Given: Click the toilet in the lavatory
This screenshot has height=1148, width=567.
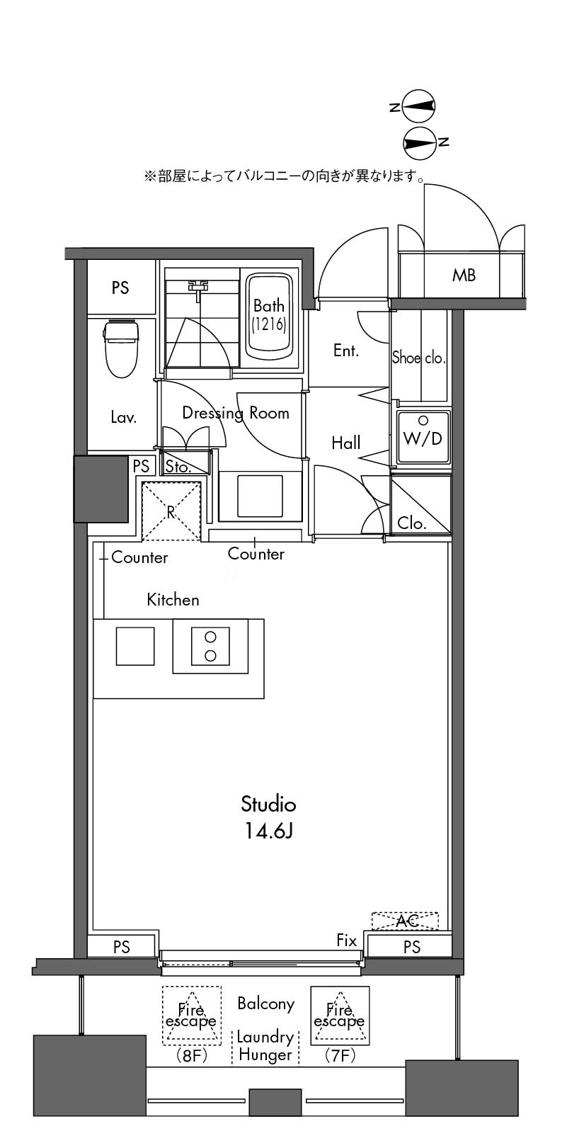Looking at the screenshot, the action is [121, 348].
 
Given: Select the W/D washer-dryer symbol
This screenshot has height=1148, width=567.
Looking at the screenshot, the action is [423, 437].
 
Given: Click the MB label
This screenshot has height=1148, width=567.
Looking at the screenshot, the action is [464, 275].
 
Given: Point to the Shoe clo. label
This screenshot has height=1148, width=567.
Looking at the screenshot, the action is [419, 357].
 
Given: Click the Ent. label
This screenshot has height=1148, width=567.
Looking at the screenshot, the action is [345, 351].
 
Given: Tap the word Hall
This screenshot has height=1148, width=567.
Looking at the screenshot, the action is [345, 443].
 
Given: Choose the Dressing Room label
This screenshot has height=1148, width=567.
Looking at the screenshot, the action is [236, 413].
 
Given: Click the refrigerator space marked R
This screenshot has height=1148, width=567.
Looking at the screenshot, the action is [171, 511].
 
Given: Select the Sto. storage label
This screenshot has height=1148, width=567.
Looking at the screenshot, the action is [178, 467].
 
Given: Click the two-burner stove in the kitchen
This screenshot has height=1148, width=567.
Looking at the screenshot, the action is [210, 646].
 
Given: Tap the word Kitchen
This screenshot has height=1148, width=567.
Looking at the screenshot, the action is [173, 600].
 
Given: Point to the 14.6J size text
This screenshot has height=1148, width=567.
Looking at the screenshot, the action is [268, 831].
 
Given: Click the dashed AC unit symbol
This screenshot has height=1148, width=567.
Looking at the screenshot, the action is [405, 921].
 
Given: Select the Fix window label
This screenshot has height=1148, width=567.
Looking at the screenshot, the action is [347, 940].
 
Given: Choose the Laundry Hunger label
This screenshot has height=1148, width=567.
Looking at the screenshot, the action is [265, 1046].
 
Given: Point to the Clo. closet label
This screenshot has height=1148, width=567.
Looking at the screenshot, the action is [411, 523].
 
